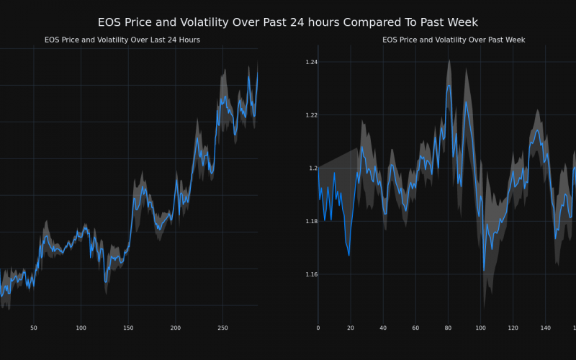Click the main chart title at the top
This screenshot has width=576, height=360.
click(288, 23)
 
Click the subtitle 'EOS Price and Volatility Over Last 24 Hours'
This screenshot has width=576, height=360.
click(122, 40)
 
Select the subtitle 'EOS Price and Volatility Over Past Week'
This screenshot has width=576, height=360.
click(454, 40)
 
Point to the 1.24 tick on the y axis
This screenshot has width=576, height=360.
click(311, 63)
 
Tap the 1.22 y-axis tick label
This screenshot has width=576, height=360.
click(311, 115)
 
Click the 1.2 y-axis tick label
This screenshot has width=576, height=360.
click(313, 168)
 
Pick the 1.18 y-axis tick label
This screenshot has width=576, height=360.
click(311, 221)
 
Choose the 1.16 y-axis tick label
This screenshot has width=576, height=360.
click(311, 274)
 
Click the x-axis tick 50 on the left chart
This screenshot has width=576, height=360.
click(34, 328)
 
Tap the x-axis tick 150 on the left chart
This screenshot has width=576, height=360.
click(128, 328)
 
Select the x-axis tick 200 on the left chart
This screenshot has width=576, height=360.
click(176, 328)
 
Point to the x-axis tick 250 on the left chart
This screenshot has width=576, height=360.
click(222, 328)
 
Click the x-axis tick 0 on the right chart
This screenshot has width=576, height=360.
click(318, 328)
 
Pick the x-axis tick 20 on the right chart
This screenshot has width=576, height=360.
click(351, 328)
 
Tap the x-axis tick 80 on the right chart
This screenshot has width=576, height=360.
click(448, 328)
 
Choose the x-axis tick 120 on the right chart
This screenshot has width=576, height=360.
click(513, 328)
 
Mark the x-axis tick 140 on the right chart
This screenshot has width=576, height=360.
click(545, 328)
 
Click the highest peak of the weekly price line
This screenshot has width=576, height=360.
click(449, 85)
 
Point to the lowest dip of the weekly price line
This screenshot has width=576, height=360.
click(484, 271)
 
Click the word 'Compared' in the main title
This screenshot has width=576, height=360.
click(372, 23)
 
